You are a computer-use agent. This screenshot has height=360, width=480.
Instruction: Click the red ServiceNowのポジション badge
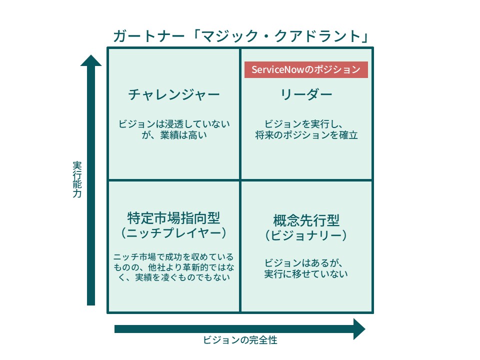pyautogui.click(x=306, y=70)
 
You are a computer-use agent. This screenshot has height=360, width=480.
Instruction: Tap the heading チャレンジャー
pyautogui.click(x=174, y=94)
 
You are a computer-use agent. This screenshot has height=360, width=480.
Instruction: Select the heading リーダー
pyautogui.click(x=306, y=94)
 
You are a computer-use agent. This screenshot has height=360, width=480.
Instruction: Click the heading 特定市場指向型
pyautogui.click(x=173, y=218)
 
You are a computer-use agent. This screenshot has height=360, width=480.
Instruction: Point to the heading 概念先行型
pyautogui.click(x=306, y=220)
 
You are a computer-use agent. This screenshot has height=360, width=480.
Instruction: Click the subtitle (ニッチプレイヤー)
pyautogui.click(x=174, y=233)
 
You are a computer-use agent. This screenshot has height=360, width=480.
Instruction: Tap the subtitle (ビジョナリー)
pyautogui.click(x=306, y=235)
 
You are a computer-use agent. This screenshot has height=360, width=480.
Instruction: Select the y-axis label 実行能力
pyautogui.click(x=77, y=179)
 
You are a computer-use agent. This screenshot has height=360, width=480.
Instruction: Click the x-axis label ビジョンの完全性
pyautogui.click(x=240, y=340)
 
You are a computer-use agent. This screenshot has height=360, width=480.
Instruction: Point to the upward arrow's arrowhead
pyautogui.click(x=91, y=60)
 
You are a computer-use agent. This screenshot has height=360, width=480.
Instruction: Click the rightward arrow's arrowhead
pyautogui.click(x=359, y=329)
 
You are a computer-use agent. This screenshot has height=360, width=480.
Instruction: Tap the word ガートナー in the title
pyautogui.click(x=149, y=36)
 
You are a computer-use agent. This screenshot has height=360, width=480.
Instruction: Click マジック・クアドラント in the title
pyautogui.click(x=281, y=36)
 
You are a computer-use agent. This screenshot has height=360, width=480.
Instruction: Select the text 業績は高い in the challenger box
pyautogui.click(x=183, y=135)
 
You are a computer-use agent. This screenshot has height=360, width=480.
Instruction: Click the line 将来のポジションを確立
pyautogui.click(x=306, y=135)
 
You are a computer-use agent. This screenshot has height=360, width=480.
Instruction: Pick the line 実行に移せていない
pyautogui.click(x=306, y=273)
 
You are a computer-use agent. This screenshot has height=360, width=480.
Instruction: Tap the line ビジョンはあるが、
pyautogui.click(x=303, y=262)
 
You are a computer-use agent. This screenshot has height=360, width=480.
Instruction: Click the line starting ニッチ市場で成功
pyautogui.click(x=173, y=256)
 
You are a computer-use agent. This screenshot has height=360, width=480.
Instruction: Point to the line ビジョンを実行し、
pyautogui.click(x=303, y=124)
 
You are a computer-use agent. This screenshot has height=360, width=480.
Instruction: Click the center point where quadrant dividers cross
pyautogui.click(x=240, y=180)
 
